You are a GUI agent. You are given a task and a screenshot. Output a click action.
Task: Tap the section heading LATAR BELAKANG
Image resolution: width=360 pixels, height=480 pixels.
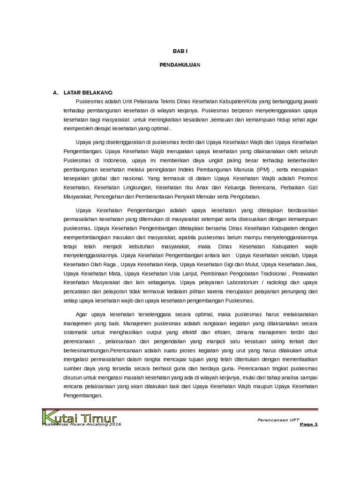(x=88, y=92)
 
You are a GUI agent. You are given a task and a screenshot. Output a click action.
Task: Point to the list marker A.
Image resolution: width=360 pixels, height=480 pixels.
(x=55, y=92)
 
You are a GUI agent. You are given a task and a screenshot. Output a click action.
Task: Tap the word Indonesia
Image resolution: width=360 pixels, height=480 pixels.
(x=111, y=160)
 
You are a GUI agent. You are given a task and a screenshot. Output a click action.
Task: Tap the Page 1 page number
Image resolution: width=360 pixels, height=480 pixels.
(x=309, y=424)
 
